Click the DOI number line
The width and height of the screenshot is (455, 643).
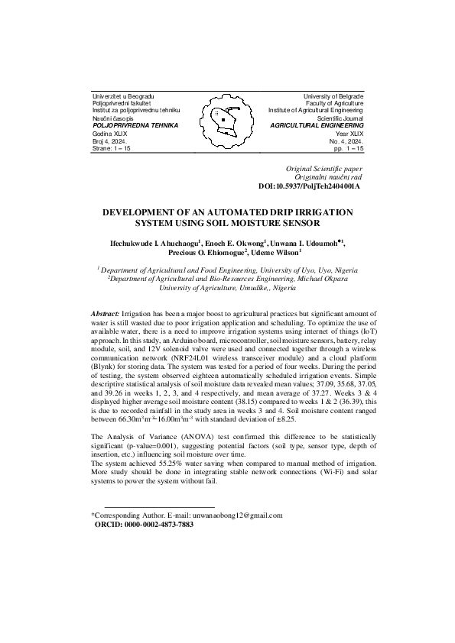[309, 186]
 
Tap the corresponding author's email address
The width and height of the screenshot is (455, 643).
[237, 515]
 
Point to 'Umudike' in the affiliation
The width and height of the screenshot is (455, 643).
[239, 289]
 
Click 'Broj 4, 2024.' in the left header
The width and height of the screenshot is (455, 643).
[112, 140]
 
